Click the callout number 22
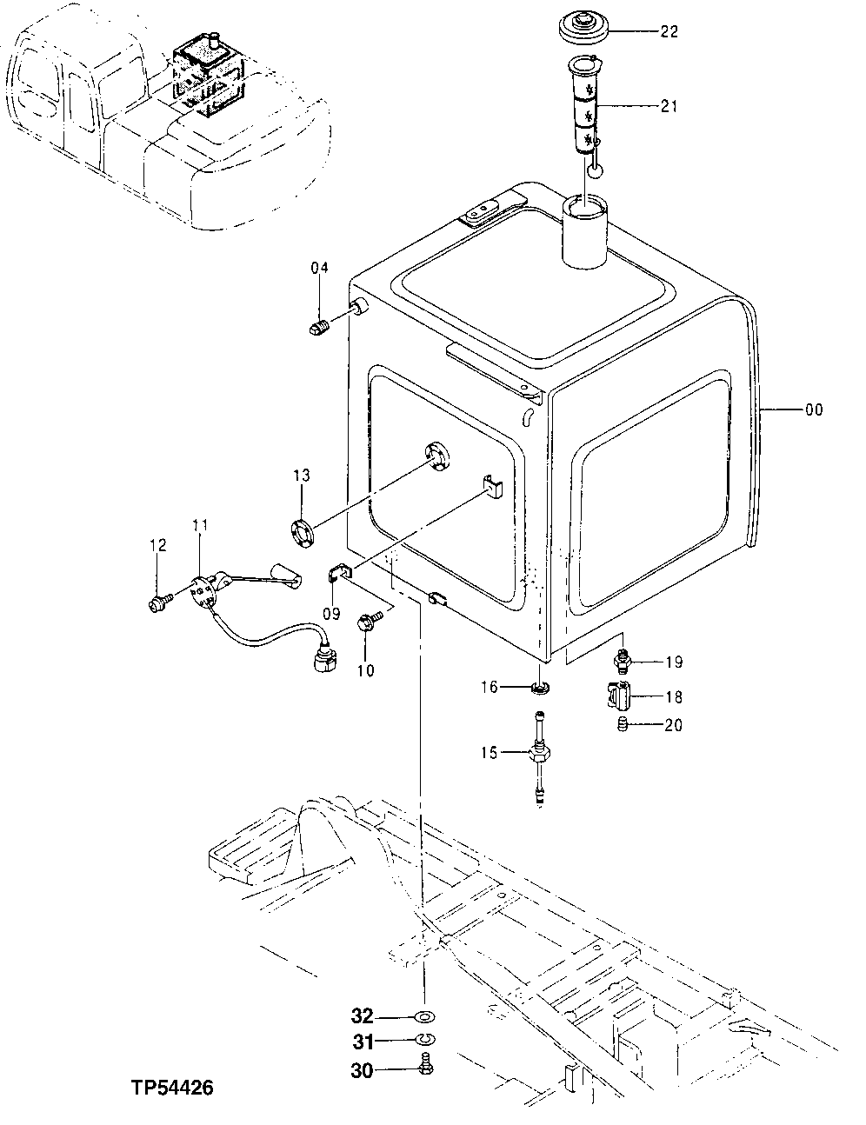click(x=669, y=32)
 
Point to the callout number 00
click(x=813, y=409)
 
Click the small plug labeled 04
click(x=318, y=328)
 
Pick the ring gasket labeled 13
click(x=302, y=532)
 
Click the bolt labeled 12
click(x=157, y=601)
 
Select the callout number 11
click(x=200, y=524)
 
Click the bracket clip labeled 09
click(x=339, y=574)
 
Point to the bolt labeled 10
click(x=366, y=621)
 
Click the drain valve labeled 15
click(x=539, y=753)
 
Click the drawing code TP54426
click(x=173, y=1088)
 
